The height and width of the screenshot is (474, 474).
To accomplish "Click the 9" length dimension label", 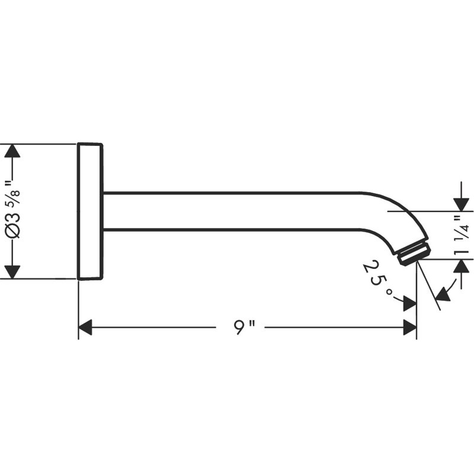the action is point(245,327).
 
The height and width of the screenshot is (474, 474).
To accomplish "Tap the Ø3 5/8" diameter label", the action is point(13,210).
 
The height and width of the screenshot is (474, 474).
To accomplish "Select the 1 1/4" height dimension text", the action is point(462,235).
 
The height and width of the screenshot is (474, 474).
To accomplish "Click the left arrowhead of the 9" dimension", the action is point(85,327).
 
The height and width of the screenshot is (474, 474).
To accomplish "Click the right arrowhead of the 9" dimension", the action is point(410,327).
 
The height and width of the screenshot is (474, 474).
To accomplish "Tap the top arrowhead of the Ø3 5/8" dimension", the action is point(12,151).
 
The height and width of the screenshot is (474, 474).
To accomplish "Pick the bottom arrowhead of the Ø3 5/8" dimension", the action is point(12,272).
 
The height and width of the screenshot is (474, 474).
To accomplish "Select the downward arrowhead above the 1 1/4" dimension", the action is point(461,204).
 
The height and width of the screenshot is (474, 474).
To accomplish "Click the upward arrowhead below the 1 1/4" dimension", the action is point(461,266).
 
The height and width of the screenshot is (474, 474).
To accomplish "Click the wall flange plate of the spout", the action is point(90,212).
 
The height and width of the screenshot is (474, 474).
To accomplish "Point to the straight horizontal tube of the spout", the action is point(231,211).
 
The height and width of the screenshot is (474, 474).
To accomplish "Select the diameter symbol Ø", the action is point(13,231).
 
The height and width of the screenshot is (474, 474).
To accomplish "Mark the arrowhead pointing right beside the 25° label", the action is point(410,304).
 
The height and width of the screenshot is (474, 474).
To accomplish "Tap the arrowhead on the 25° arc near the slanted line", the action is point(443,293).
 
